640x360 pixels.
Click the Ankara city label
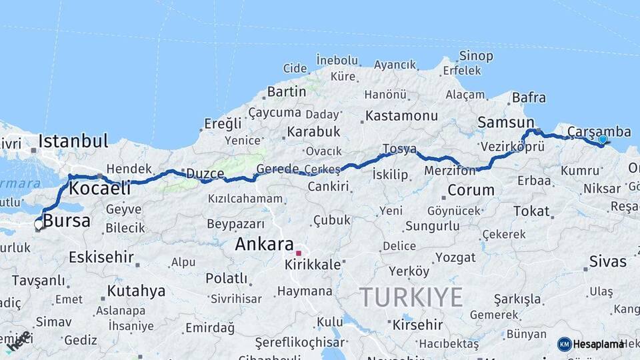click(264, 244)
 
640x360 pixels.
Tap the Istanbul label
click(73, 141)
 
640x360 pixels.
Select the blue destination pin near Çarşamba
click(603, 140)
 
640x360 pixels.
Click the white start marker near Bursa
click(39, 225)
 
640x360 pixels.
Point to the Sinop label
click(476, 56)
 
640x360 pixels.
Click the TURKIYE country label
click(411, 297)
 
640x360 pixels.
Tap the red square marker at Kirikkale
click(299, 253)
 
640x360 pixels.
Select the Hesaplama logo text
click(598, 344)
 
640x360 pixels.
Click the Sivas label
click(607, 261)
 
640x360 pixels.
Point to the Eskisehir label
click(101, 257)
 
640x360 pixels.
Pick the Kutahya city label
click(136, 291)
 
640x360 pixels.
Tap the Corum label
click(471, 190)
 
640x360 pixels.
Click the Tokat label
click(531, 211)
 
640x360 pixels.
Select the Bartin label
click(286, 92)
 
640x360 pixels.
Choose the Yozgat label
click(455, 257)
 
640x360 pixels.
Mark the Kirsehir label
click(418, 325)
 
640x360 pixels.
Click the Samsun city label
click(506, 123)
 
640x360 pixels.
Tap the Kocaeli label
click(99, 188)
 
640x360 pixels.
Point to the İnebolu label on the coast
click(337, 60)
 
